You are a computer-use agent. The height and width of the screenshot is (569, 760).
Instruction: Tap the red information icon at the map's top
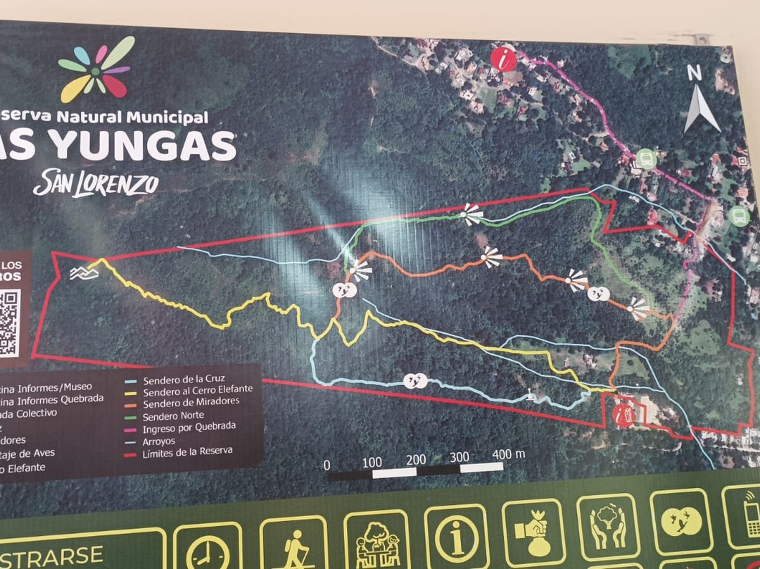coord(504,59)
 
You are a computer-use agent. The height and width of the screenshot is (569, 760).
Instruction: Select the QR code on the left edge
coord(8,324)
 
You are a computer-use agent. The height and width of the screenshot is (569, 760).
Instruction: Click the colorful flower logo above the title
coord(96,69)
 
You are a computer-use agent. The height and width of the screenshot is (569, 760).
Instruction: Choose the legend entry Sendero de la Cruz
coord(184,378)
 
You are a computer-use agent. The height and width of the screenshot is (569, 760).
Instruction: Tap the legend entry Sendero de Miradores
coord(191,403)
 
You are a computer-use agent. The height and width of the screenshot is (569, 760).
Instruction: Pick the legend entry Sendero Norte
coord(173,415)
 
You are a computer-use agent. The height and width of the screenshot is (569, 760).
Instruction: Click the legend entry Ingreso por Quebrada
coord(189,427)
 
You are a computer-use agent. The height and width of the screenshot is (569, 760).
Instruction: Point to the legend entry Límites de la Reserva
coord(187,452)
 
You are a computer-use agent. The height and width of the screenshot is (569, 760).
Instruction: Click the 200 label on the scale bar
coord(416,460)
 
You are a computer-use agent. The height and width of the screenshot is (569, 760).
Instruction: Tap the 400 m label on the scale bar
coord(509,455)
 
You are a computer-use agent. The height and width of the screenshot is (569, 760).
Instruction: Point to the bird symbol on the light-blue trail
coord(415,381)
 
